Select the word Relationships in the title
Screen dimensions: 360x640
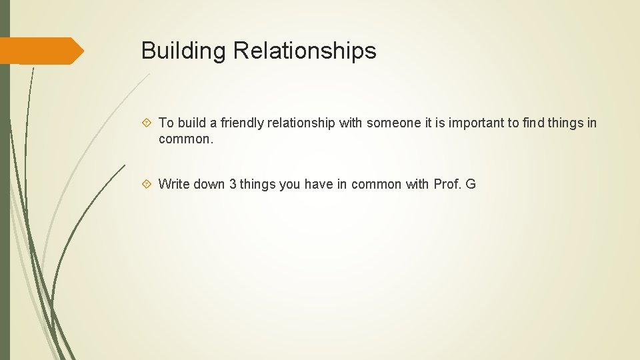tap(305, 51)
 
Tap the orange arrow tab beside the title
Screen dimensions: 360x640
tap(41, 51)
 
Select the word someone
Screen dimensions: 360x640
tap(393, 123)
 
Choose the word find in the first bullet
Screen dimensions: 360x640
tap(535, 123)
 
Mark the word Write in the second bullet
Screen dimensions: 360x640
tap(174, 184)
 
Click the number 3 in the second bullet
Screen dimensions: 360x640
tap(233, 184)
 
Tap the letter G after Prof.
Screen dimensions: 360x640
tap(471, 184)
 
